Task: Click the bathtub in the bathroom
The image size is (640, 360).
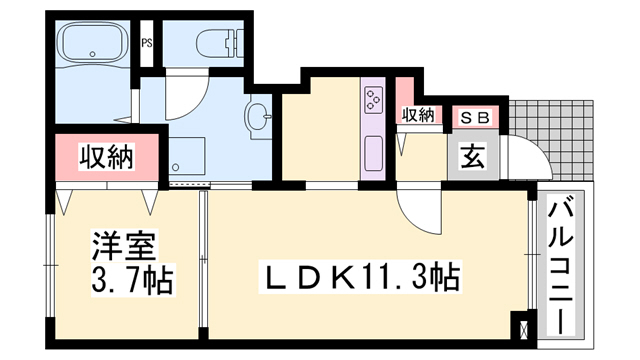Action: (x=93, y=42)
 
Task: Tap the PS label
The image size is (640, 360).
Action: (x=147, y=43)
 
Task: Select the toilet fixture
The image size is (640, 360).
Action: (x=220, y=43)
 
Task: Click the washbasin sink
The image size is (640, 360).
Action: (x=258, y=116)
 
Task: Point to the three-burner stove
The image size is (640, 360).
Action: (x=373, y=99)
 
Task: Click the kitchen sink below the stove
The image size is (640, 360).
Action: (x=373, y=153)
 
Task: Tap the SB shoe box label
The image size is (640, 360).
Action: (x=475, y=118)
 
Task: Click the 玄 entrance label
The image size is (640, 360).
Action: (x=473, y=157)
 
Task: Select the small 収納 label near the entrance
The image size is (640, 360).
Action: (x=418, y=116)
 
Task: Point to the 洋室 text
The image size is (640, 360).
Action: (x=123, y=247)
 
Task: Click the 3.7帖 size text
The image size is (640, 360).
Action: (x=132, y=280)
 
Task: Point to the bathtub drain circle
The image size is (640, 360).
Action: (x=93, y=53)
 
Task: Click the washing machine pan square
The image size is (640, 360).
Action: (x=187, y=156)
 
